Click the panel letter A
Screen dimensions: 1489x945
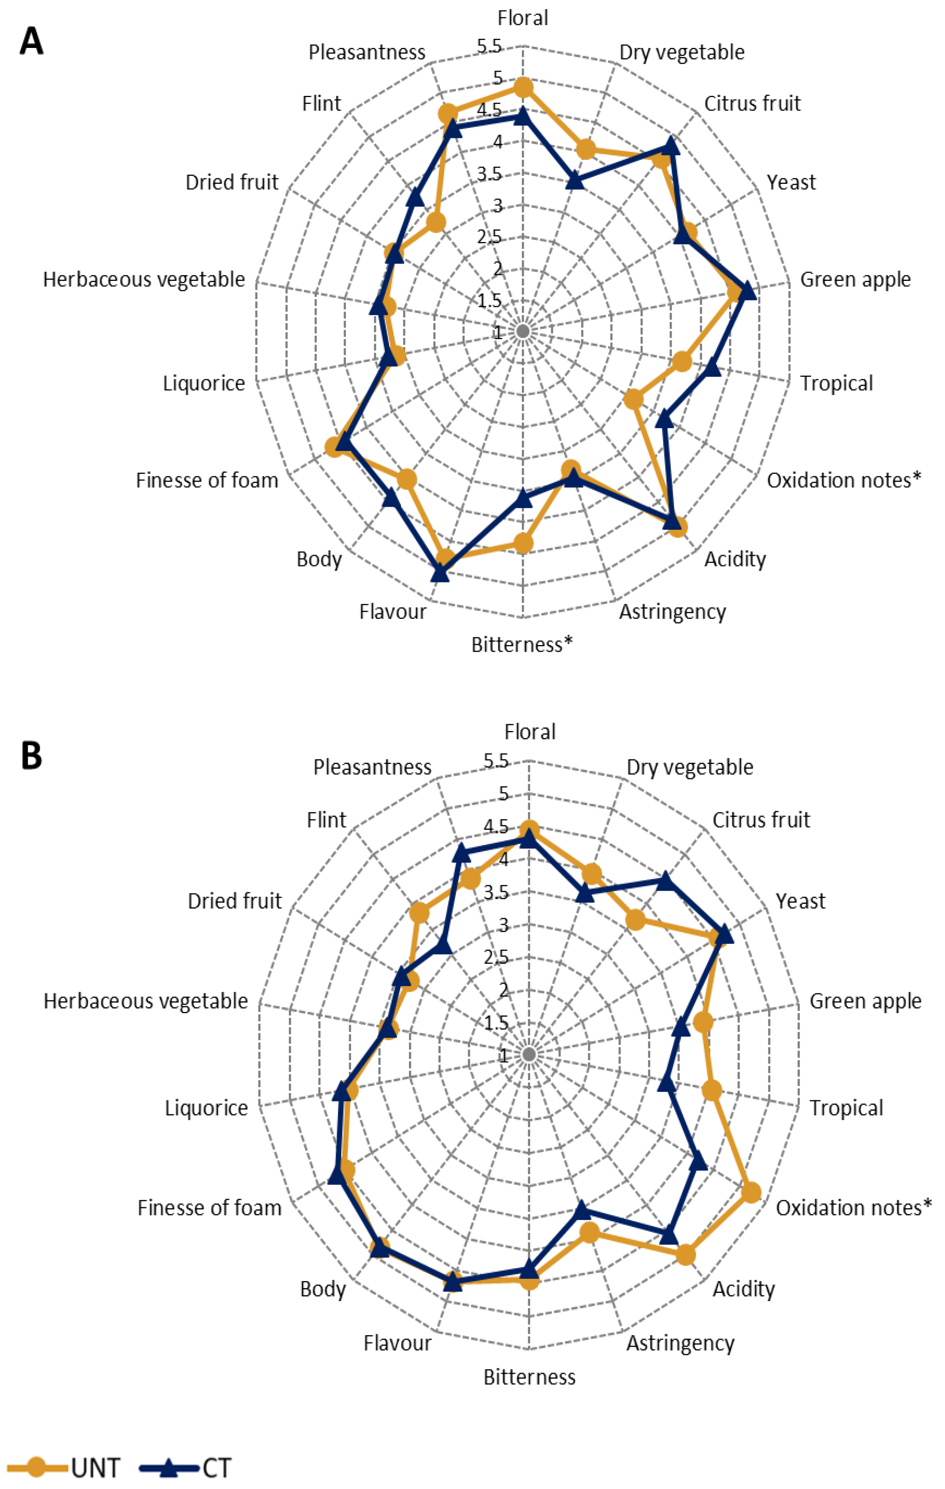(32, 42)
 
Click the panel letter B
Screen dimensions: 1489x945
(32, 756)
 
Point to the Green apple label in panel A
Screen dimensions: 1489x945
(855, 279)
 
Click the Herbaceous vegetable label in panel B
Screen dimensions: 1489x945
(145, 1000)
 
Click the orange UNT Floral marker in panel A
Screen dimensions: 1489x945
(523, 88)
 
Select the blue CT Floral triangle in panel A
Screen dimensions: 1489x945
(523, 115)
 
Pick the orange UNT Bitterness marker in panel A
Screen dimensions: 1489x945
(523, 544)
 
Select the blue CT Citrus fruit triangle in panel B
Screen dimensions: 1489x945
(665, 880)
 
